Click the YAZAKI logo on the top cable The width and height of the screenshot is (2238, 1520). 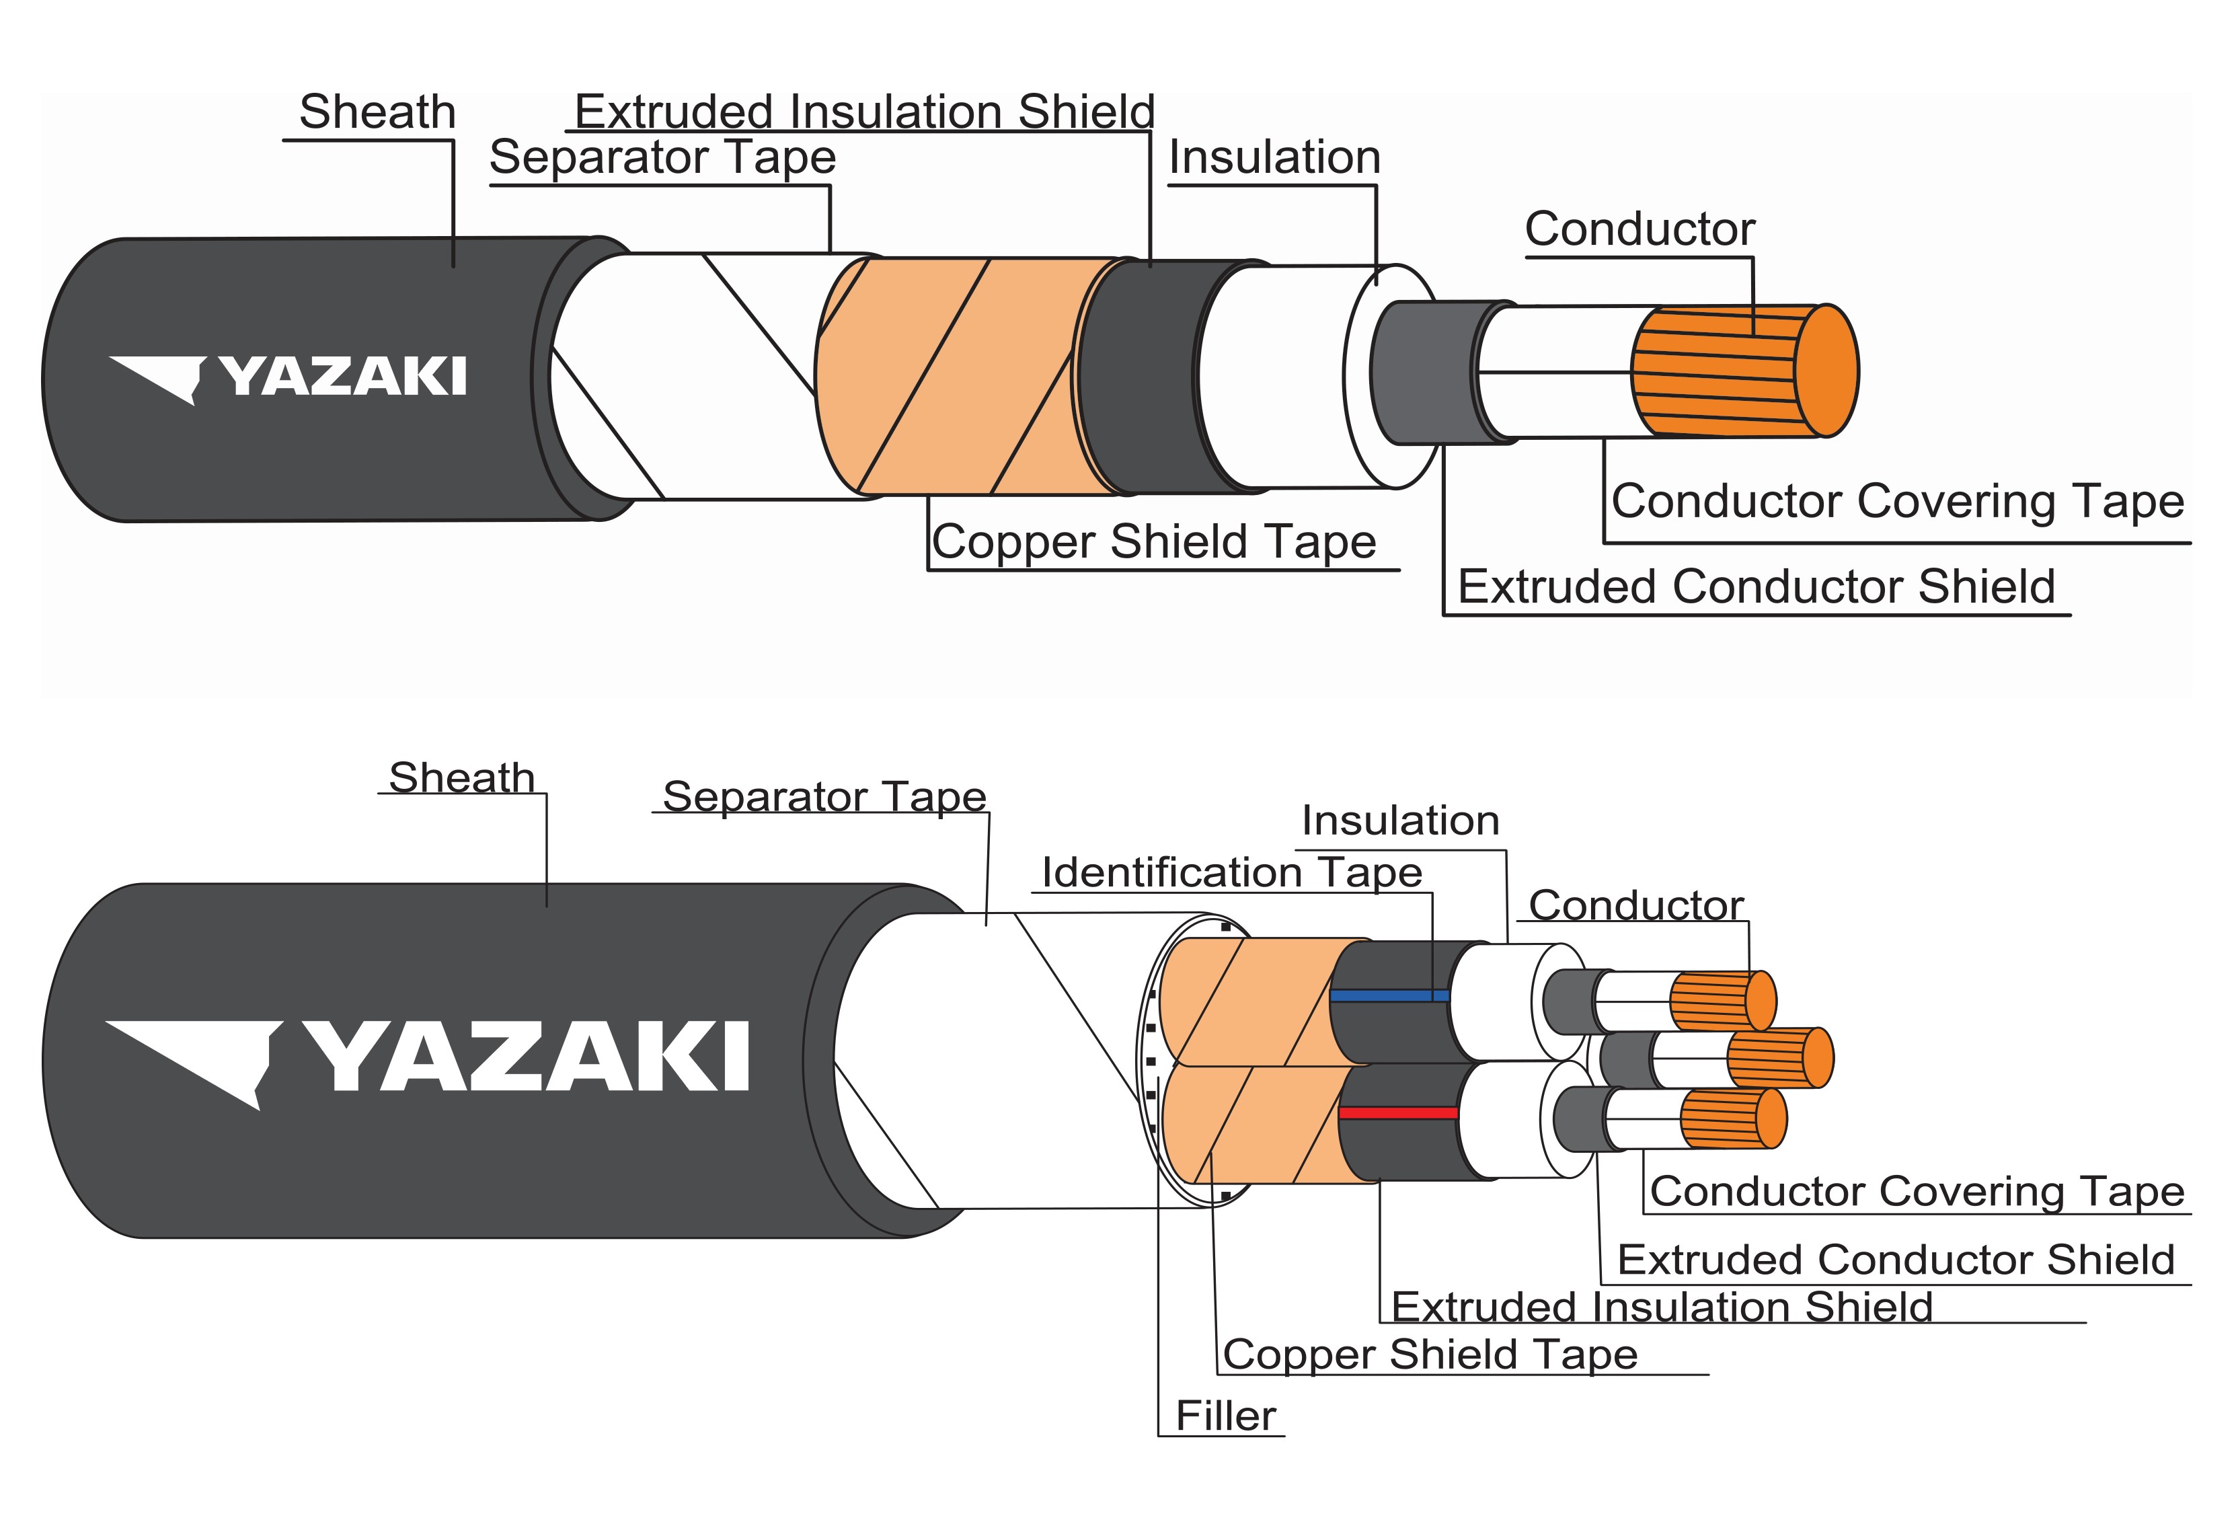pos(289,377)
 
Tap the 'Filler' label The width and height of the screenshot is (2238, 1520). pos(1225,1416)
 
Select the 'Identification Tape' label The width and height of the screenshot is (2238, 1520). pos(1232,873)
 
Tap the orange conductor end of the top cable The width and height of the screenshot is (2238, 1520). pos(1826,371)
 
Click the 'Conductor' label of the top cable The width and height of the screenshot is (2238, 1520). pos(1639,229)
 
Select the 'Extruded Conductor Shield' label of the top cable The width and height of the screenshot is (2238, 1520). pos(1757,586)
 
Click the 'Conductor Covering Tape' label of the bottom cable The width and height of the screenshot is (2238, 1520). pos(1917,1192)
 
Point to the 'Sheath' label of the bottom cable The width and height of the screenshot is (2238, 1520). pos(461,777)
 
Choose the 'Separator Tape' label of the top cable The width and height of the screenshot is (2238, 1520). pos(662,157)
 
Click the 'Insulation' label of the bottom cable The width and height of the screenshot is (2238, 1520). pos(1400,821)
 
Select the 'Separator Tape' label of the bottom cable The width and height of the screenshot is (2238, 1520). pos(824,796)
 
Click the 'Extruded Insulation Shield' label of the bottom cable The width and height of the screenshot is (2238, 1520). pos(1661,1307)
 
